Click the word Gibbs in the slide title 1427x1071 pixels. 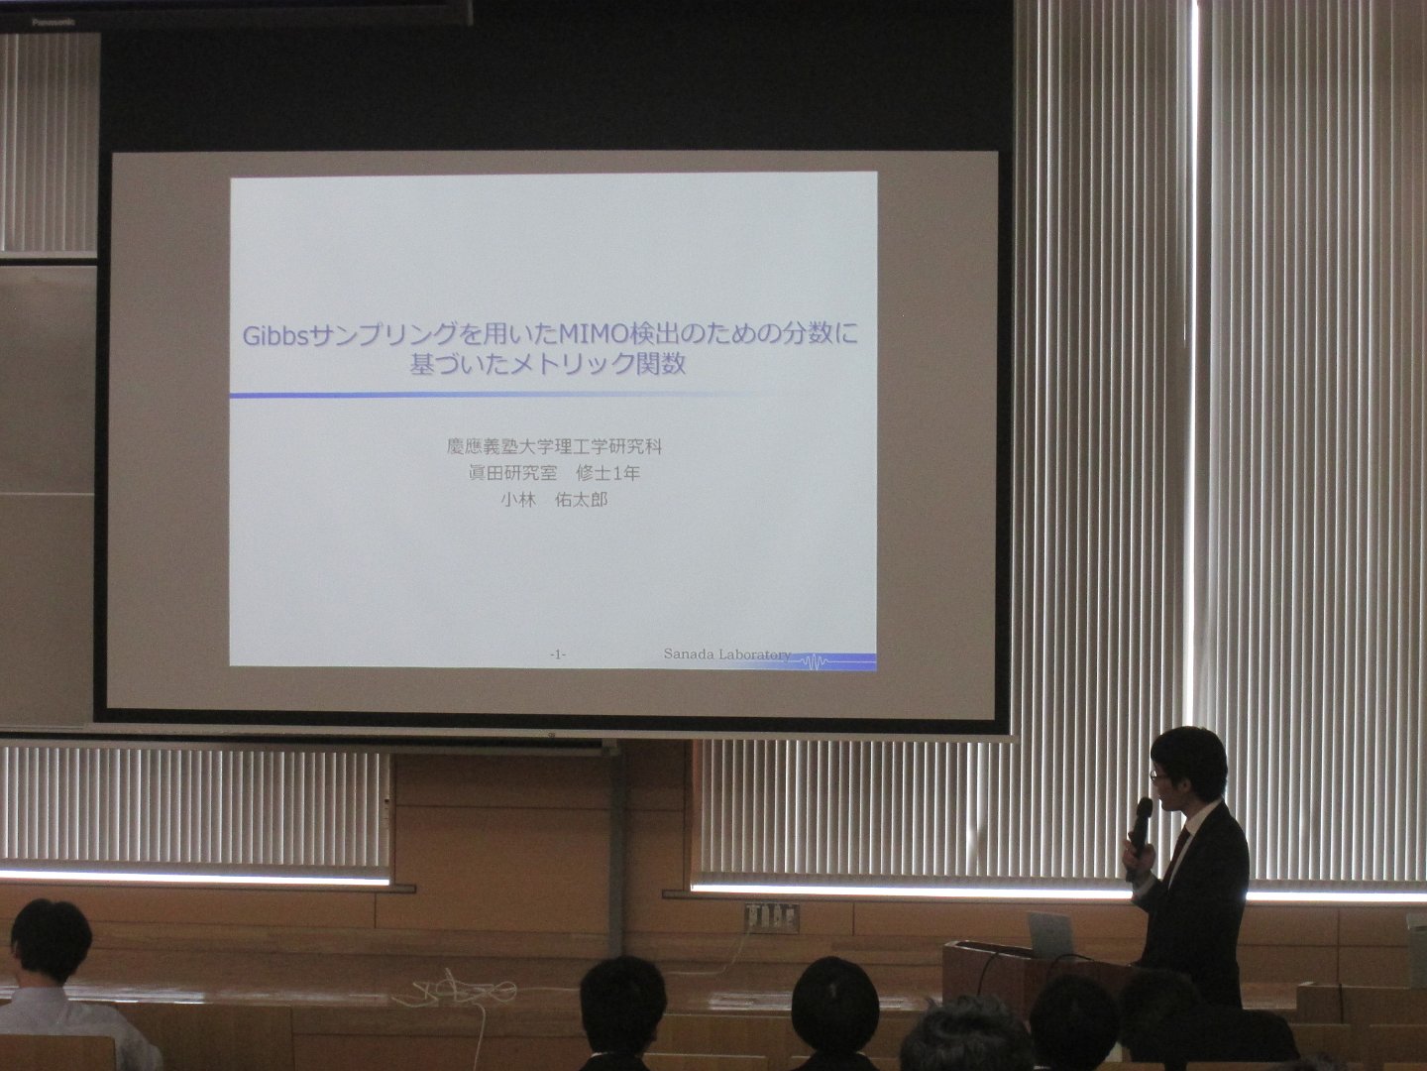tap(276, 336)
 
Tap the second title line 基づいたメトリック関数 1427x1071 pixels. tap(547, 364)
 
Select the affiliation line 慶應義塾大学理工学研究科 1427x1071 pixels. tap(554, 446)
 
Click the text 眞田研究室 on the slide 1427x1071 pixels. tap(512, 473)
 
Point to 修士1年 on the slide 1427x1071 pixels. tap(607, 473)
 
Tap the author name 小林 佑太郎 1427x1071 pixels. tap(554, 500)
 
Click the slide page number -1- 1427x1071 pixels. tap(557, 654)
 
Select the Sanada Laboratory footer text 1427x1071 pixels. tap(726, 654)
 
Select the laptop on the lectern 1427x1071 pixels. tap(1049, 932)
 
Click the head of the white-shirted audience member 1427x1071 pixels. tap(51, 941)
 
